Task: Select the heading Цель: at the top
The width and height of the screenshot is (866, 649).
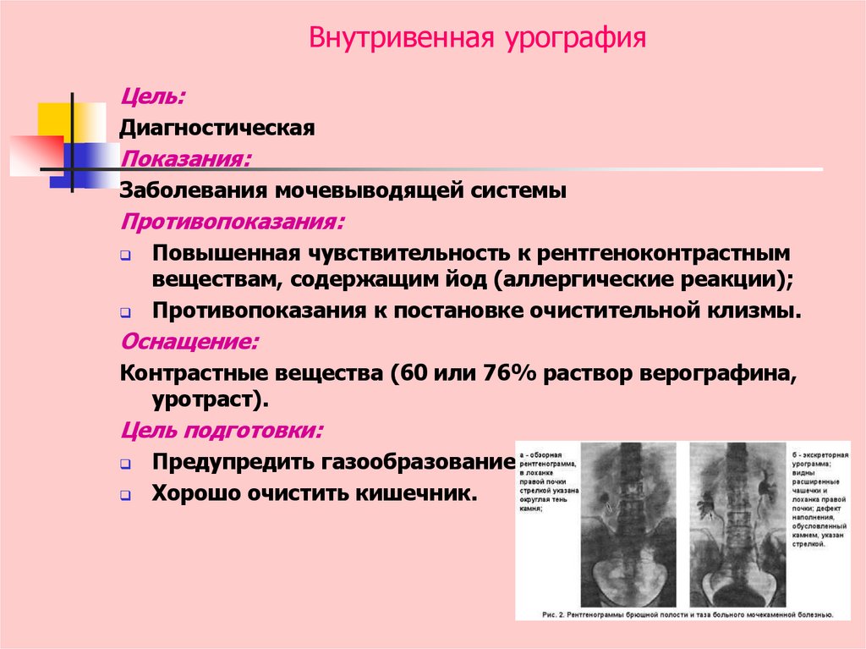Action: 153,97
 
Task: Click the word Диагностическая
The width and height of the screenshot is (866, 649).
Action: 217,129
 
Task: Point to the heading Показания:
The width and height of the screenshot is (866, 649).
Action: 186,159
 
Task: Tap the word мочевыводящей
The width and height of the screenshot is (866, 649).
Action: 367,190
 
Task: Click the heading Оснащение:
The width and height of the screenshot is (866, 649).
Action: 189,342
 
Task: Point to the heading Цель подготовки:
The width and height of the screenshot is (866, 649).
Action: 222,430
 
